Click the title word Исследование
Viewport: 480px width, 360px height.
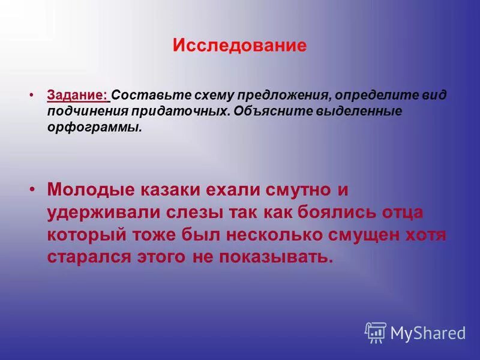tap(240, 46)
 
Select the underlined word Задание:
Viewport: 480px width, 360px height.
tap(78, 95)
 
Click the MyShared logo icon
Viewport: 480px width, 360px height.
tap(375, 332)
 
